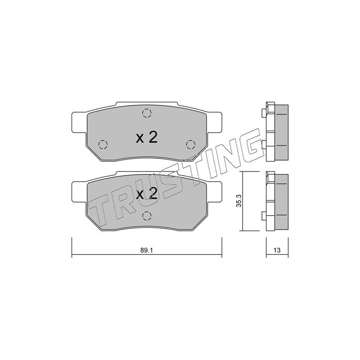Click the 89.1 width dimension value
147,250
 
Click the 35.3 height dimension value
239,201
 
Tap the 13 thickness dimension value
277,250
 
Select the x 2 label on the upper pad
147,138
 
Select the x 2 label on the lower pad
147,194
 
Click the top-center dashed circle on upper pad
147,113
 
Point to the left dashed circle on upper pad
103,144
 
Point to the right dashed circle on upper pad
190,144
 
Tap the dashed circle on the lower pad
147,216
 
